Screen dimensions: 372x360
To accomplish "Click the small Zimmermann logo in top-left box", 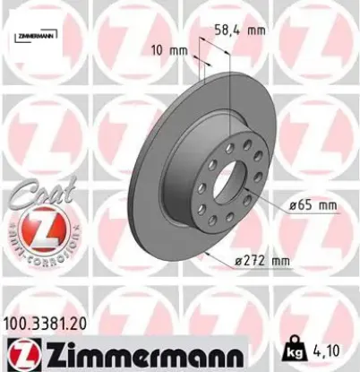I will pos(34,37).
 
